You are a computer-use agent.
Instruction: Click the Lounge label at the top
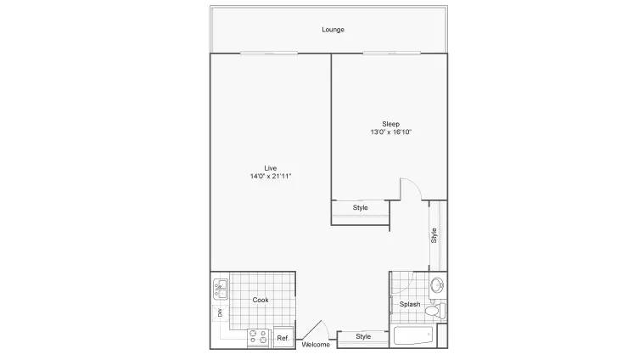tap(333, 30)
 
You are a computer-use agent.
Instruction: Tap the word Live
tap(271, 167)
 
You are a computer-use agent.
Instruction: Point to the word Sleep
tap(390, 124)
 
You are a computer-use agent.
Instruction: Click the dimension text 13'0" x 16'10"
tap(390, 133)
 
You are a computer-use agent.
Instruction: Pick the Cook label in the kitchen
tap(261, 300)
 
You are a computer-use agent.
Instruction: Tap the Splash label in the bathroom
tap(410, 304)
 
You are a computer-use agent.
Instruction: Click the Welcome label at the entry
tap(315, 345)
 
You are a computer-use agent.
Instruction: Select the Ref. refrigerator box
tap(283, 338)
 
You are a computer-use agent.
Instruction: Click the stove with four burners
tap(258, 337)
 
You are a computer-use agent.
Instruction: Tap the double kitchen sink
tap(220, 289)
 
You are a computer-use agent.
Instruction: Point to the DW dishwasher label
tap(219, 313)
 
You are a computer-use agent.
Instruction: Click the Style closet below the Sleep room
tap(361, 208)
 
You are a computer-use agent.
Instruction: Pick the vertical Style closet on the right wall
tap(434, 235)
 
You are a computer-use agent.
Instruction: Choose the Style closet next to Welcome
tap(363, 337)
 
